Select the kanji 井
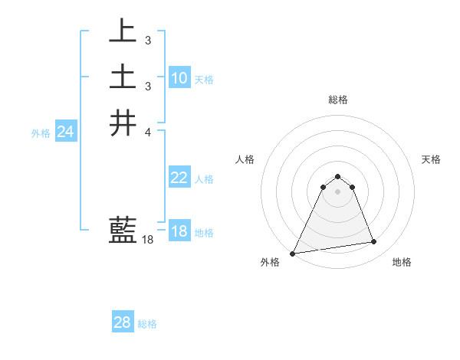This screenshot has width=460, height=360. (x=123, y=123)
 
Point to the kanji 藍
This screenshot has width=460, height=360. (x=123, y=230)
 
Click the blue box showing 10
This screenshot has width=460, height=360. (x=179, y=78)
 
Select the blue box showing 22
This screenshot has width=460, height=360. (x=179, y=178)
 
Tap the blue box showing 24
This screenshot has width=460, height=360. (x=66, y=132)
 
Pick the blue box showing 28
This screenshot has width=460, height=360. (x=123, y=322)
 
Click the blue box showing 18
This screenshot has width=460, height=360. (x=179, y=231)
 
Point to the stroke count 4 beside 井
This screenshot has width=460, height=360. (x=147, y=133)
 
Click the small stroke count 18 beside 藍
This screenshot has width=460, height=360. (x=148, y=240)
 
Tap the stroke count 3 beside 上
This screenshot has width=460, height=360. (x=147, y=40)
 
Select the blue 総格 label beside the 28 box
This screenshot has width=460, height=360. (x=147, y=324)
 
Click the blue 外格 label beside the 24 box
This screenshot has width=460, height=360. (x=41, y=133)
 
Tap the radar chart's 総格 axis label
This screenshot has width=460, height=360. (x=337, y=100)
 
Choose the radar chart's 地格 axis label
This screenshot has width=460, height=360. (x=402, y=262)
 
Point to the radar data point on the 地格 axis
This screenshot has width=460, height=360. (x=374, y=242)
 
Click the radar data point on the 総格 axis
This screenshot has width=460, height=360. (x=337, y=174)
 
